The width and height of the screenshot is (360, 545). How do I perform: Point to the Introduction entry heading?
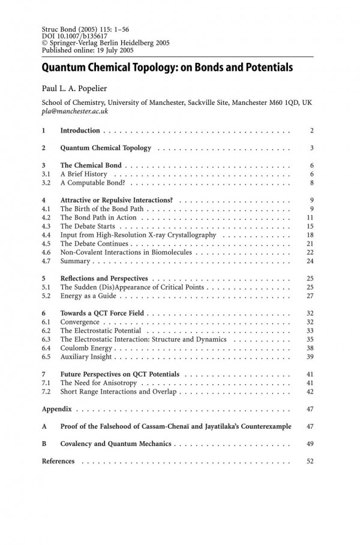click(81, 130)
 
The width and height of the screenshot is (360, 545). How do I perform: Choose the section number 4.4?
click(46, 235)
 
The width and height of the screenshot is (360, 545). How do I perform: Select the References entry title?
click(58, 461)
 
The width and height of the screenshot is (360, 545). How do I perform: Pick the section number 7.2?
click(46, 391)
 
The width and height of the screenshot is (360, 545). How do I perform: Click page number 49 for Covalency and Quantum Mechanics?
click(310, 444)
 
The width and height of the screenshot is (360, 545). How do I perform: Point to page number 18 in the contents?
click(310, 235)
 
